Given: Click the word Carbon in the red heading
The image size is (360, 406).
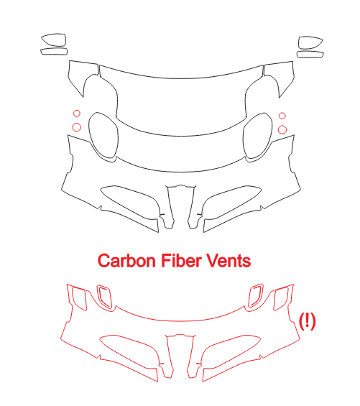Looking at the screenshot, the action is click(x=126, y=260).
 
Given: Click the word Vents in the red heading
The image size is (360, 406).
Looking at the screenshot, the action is click(x=226, y=260).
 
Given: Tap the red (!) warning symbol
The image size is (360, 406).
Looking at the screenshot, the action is click(x=308, y=321).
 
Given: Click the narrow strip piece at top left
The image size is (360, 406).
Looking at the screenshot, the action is click(x=41, y=52).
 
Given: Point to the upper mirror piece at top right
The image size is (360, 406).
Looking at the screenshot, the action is click(x=323, y=40).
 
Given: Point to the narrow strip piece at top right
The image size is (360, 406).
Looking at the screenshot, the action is click(x=323, y=54).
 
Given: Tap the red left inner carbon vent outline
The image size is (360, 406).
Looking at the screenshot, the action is click(x=98, y=292).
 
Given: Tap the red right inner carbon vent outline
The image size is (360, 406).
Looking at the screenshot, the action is click(x=262, y=292).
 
